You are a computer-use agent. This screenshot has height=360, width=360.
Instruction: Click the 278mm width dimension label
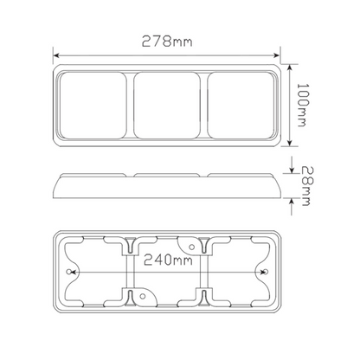[x=167, y=42]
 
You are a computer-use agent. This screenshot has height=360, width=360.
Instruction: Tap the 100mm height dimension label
[x=303, y=105]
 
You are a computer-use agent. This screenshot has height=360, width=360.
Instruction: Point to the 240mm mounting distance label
[x=168, y=260]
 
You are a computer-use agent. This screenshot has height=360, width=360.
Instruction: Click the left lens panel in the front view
[x=93, y=106]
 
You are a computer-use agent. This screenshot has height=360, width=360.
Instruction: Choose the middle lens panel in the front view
[x=167, y=106]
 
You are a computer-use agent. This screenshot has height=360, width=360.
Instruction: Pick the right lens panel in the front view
[x=241, y=106]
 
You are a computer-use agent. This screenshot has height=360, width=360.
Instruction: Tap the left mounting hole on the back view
[x=68, y=272]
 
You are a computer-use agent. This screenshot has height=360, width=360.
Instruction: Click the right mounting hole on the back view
[x=266, y=272]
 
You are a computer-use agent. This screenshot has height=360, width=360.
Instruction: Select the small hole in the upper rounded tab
[x=191, y=247]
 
